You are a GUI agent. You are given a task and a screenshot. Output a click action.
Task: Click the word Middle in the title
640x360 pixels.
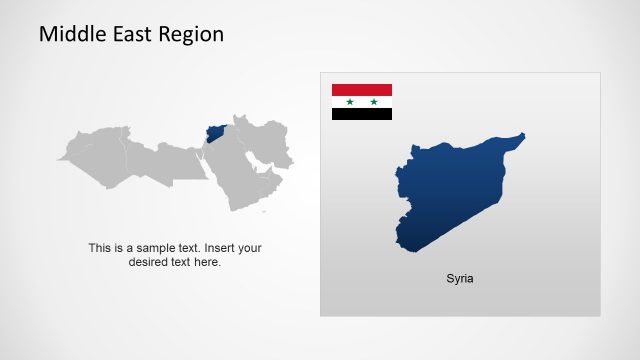pyautogui.click(x=70, y=35)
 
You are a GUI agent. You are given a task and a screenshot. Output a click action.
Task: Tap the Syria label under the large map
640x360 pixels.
pyautogui.click(x=460, y=279)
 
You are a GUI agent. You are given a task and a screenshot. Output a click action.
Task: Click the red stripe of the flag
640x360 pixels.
pyautogui.click(x=362, y=90)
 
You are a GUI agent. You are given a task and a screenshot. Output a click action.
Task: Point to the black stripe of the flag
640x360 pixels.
pyautogui.click(x=362, y=114)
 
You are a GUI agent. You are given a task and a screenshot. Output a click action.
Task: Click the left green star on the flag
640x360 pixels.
pyautogui.click(x=349, y=102)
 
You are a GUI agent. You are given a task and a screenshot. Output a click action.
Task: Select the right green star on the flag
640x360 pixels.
pyautogui.click(x=374, y=102)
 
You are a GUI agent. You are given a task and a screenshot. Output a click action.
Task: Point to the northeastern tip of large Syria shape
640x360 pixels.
pyautogui.click(x=521, y=136)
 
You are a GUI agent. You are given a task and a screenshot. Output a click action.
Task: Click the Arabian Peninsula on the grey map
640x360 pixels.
pyautogui.click(x=245, y=180)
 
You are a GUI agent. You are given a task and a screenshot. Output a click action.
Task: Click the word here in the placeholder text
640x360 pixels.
pyautogui.click(x=208, y=262)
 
